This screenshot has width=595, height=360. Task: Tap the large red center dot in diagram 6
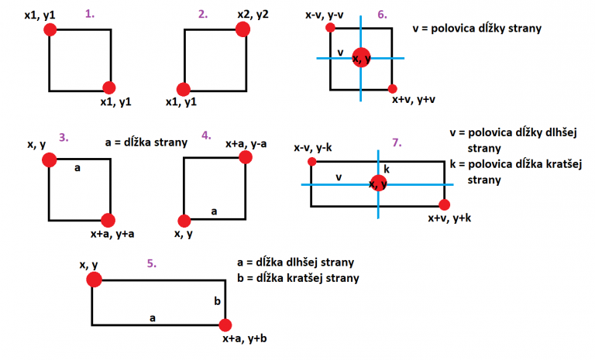click(x=361, y=57)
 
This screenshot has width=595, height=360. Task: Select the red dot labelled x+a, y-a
click(x=246, y=158)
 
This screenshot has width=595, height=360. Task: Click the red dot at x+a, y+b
click(x=226, y=325)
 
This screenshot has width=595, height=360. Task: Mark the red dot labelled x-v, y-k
click(x=311, y=162)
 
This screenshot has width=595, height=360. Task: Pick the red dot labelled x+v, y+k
click(x=444, y=205)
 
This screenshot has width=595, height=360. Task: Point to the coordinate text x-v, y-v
click(x=325, y=13)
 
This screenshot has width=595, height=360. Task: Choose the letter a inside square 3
click(x=77, y=166)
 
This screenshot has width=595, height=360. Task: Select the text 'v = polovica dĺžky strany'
click(x=477, y=29)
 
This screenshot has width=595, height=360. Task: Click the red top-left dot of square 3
click(x=50, y=159)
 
